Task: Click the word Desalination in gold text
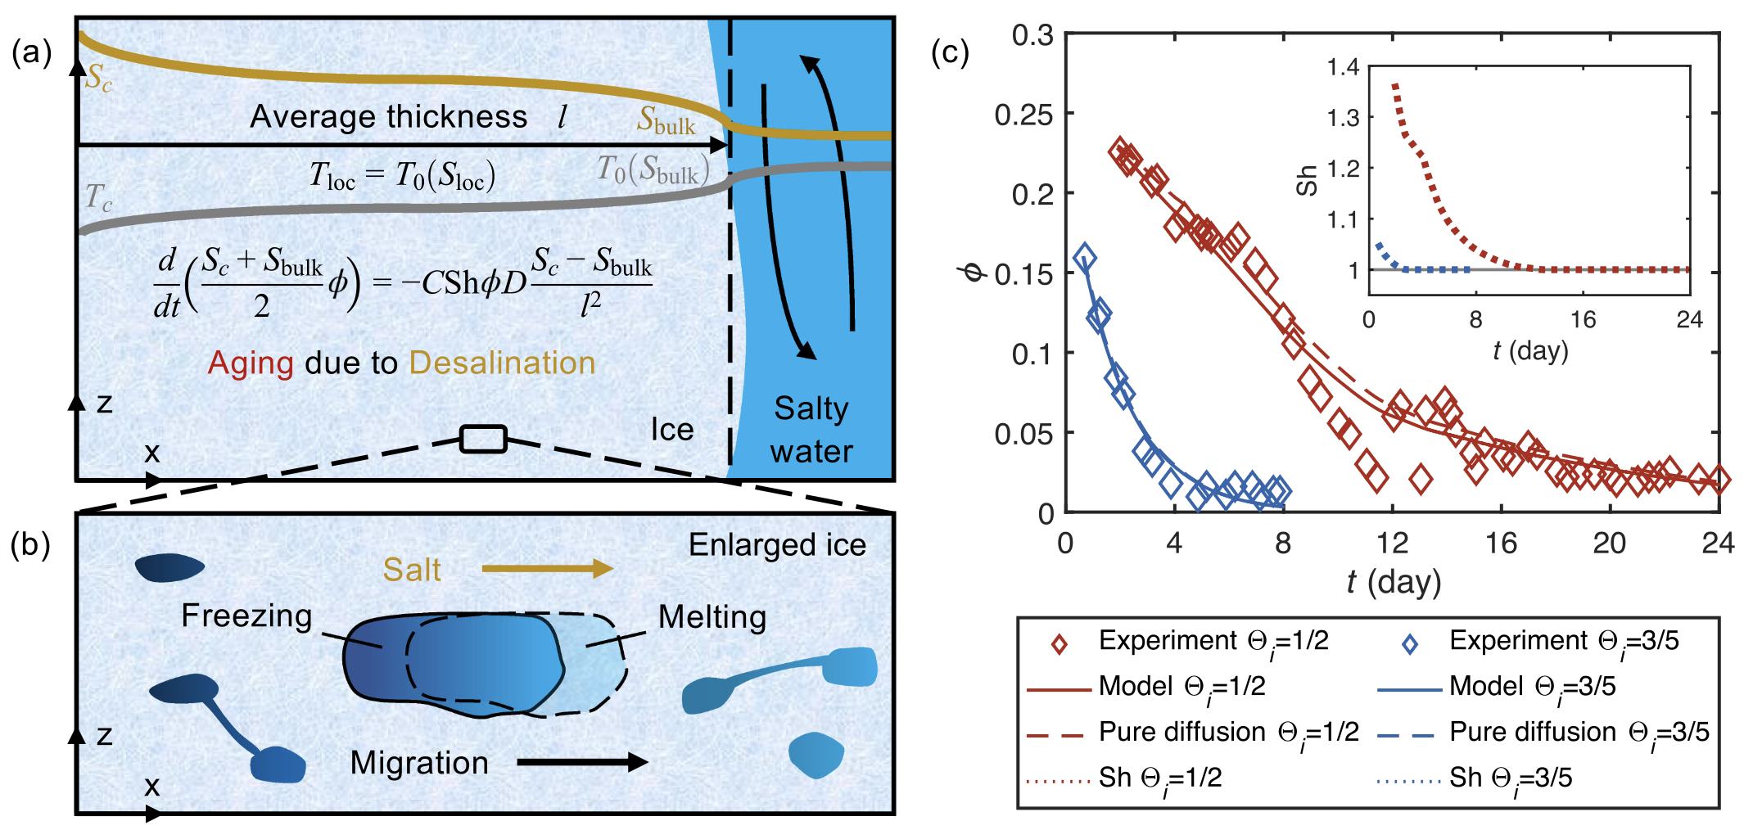pos(502,363)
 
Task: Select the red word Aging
pos(251,363)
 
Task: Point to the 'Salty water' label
pos(811,430)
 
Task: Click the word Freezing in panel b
pos(246,616)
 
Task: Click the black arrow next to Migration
pos(582,762)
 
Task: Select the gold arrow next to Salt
pos(547,569)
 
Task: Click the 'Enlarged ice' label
pos(777,545)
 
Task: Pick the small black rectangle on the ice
pos(483,439)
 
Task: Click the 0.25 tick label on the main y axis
pos(1023,115)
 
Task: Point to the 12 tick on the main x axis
pos(1391,543)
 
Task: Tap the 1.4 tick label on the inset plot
pos(1343,67)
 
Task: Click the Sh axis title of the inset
pos(1307,180)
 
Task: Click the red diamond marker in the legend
pos(1060,644)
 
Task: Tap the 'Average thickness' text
pos(388,117)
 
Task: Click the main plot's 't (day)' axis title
pos(1394,582)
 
